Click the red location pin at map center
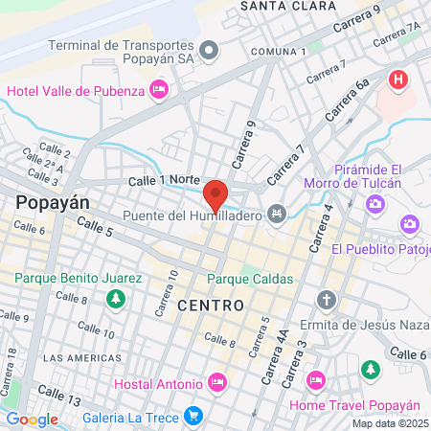coord(216,193)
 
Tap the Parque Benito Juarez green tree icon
coord(116,299)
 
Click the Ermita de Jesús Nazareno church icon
coord(327,299)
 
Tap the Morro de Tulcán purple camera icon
coord(374,203)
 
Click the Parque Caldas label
coord(250,279)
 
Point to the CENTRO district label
coord(210,304)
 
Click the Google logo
coord(32,419)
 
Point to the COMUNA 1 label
coord(278,51)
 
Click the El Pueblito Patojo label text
coord(379,249)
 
